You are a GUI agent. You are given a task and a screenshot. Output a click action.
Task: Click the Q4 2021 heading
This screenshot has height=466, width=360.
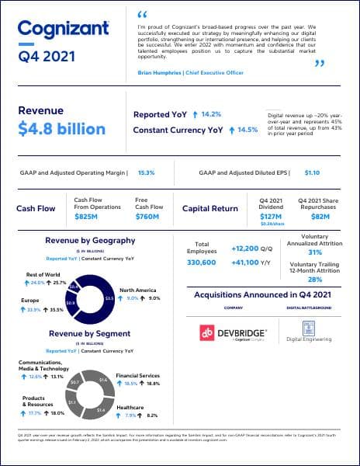coord(48,56)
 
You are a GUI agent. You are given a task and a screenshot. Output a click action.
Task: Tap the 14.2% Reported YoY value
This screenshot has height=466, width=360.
coord(211,114)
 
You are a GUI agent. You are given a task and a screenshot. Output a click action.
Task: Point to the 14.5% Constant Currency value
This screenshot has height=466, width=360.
coord(247,130)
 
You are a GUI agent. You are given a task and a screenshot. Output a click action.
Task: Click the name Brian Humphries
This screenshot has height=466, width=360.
coord(162,71)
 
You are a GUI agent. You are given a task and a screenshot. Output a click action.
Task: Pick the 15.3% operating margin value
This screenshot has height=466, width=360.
coord(147,172)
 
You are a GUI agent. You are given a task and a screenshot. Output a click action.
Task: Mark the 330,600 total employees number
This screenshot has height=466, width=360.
coord(202,263)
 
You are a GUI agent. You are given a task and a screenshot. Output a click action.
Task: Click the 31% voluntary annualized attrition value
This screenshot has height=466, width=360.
coord(315,252)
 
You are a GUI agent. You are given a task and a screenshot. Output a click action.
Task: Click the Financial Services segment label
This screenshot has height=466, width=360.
coord(138,375)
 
